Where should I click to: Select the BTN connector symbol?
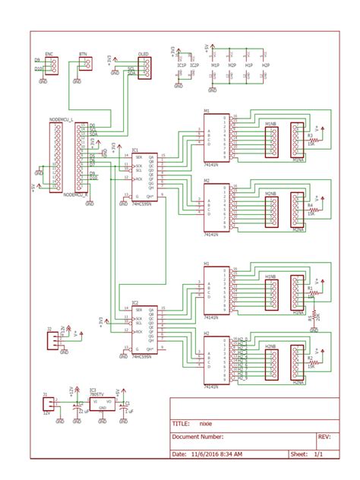pyautogui.click(x=84, y=66)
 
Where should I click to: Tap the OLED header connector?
pyautogui.click(x=144, y=68)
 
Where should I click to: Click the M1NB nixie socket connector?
pyautogui.click(x=270, y=141)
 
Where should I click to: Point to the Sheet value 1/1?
pyautogui.click(x=317, y=453)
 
